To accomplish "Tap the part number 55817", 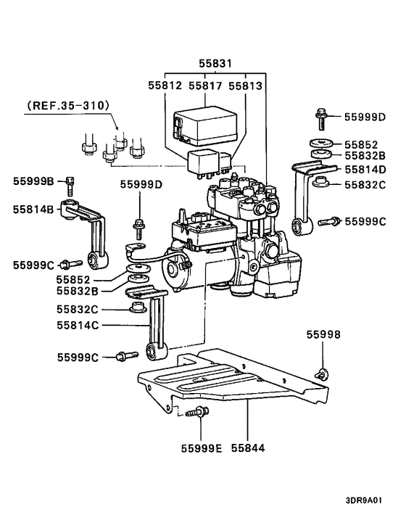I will (x=205, y=85).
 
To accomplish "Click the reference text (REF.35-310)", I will (x=68, y=105).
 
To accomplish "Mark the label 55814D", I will (x=365, y=170).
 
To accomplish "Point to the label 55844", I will (x=248, y=447).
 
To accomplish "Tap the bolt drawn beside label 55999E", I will (x=196, y=415).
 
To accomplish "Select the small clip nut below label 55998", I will (x=320, y=373).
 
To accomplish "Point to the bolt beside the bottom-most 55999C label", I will (x=125, y=355).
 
